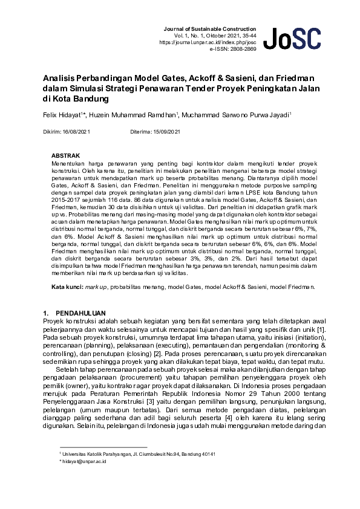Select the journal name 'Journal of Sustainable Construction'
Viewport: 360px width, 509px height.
click(210, 29)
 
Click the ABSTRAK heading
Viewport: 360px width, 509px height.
click(65, 155)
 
